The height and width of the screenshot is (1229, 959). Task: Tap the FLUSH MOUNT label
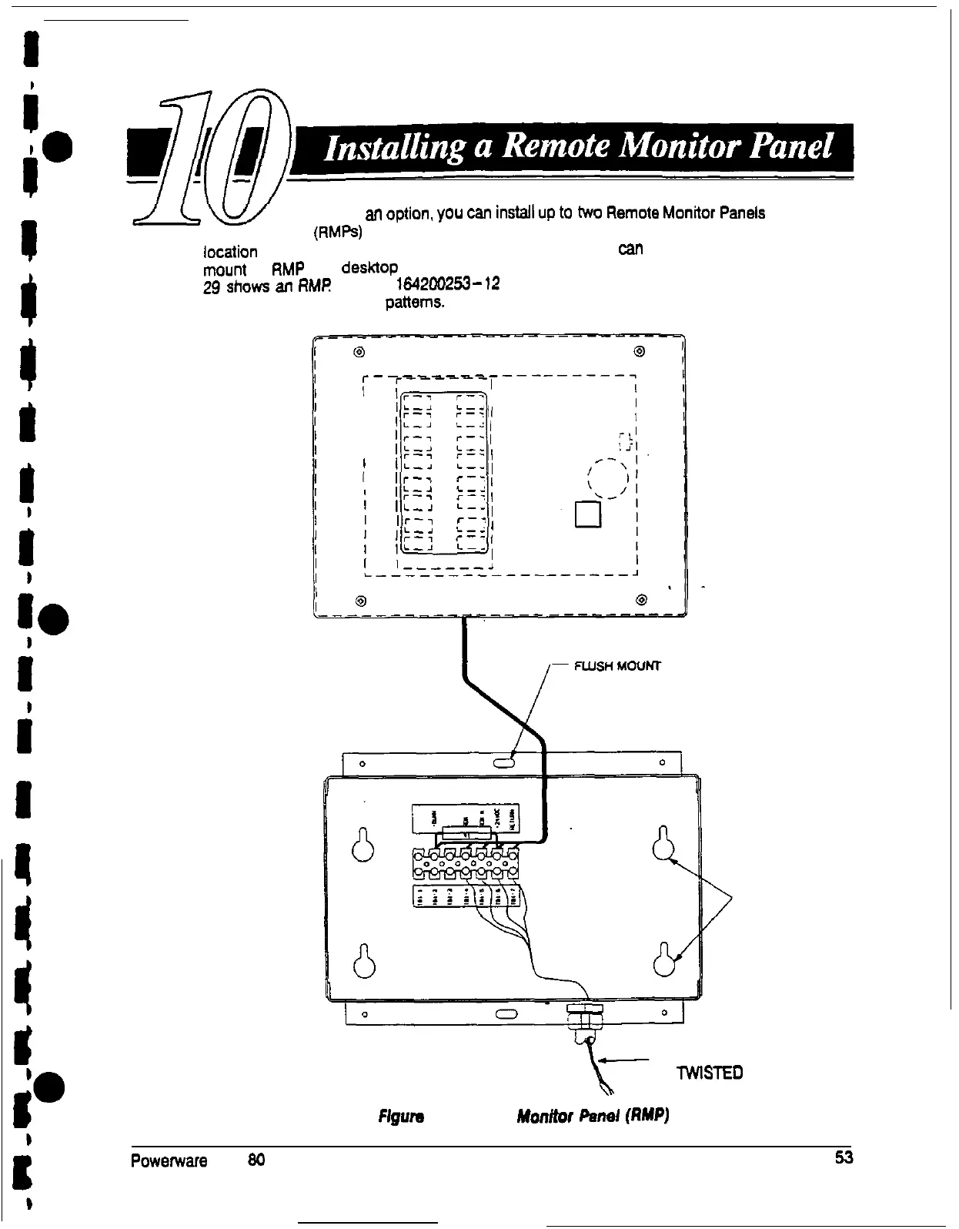(x=617, y=666)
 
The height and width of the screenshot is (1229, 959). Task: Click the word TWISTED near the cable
(x=709, y=1073)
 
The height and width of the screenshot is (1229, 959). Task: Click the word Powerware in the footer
(x=169, y=1160)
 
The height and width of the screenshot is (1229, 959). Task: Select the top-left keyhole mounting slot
(x=363, y=844)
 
